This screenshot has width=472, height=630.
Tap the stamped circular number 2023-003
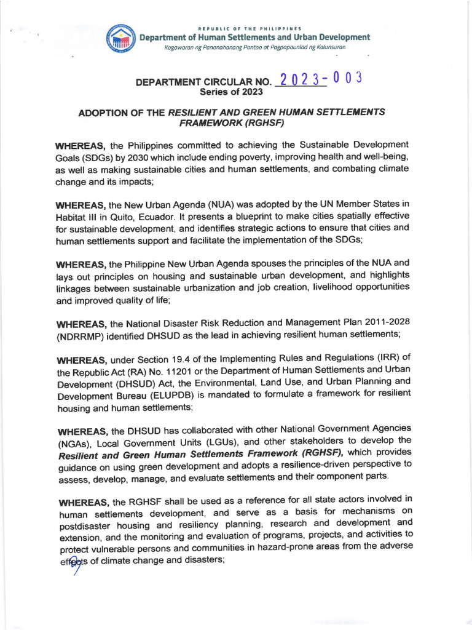(319, 80)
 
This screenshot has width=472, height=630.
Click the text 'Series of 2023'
(231, 92)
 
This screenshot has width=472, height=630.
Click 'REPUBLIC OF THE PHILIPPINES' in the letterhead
(249, 29)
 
